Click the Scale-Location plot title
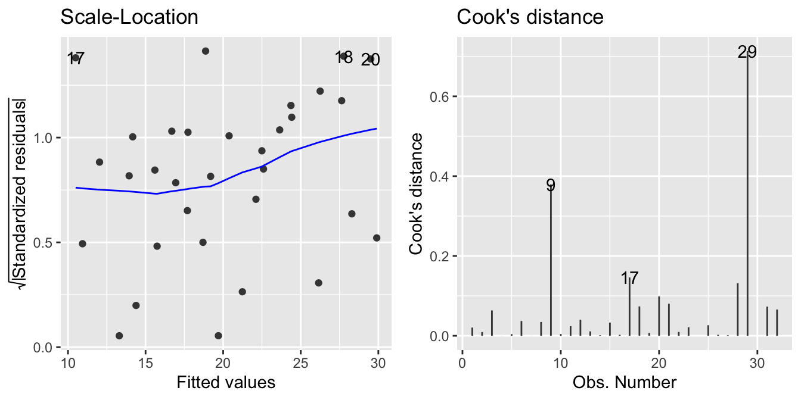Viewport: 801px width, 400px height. [x=129, y=17]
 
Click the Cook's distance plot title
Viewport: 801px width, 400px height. [x=530, y=17]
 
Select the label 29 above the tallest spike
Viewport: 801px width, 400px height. [x=747, y=52]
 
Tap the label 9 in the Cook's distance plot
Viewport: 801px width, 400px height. [x=551, y=185]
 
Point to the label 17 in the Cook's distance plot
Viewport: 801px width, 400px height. [x=629, y=278]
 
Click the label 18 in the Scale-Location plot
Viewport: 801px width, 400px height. [x=344, y=58]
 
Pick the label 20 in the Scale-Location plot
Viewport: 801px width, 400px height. [x=370, y=60]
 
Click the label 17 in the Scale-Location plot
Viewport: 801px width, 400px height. [x=76, y=59]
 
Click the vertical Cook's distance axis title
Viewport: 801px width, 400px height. [x=418, y=194]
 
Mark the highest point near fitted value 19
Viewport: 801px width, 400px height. [x=206, y=51]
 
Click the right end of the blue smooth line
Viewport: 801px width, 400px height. [x=376, y=129]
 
